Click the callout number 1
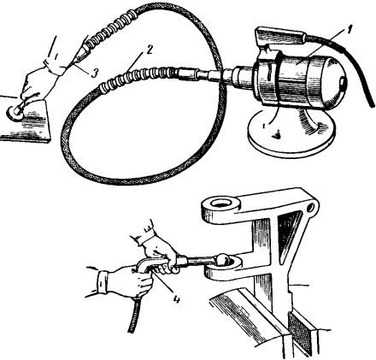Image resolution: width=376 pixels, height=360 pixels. click(x=350, y=30)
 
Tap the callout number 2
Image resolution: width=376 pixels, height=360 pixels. click(x=150, y=50)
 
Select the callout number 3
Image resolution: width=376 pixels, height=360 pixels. click(x=95, y=73)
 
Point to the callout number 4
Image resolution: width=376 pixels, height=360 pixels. click(x=177, y=298)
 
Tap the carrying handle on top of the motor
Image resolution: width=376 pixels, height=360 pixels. click(x=279, y=36)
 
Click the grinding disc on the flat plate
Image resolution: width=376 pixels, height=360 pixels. click(x=14, y=113)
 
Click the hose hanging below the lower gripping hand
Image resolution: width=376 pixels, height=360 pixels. click(x=134, y=315)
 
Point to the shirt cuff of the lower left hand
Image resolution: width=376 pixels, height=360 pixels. click(x=103, y=282)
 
